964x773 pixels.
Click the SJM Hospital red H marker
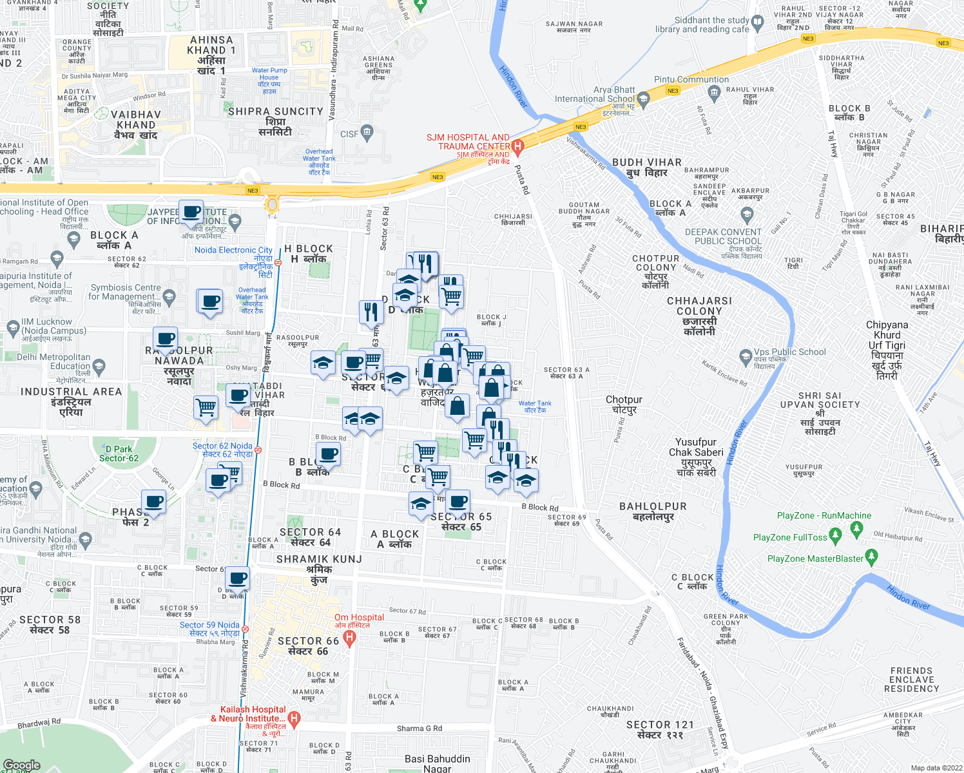[517, 146]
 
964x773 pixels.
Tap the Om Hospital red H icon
[349, 638]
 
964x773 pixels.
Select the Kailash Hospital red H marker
[294, 718]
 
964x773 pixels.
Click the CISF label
[349, 134]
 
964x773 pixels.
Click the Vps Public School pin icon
[746, 356]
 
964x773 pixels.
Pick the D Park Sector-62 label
[119, 453]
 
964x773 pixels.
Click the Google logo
[21, 765]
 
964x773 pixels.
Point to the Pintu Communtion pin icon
[713, 92]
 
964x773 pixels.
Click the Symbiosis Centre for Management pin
[169, 297]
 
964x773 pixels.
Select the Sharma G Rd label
[419, 729]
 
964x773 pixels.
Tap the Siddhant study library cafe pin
[757, 23]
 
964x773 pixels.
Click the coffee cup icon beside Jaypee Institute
[191, 211]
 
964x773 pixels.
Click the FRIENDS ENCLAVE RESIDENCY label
[911, 680]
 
